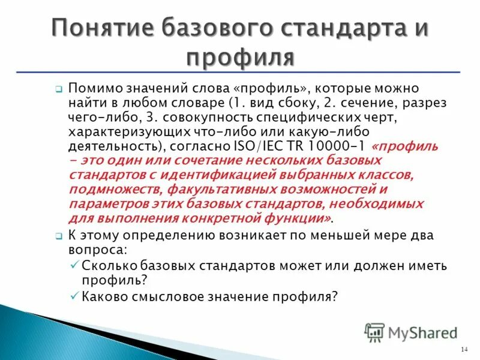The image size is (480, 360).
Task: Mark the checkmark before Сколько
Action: point(74,265)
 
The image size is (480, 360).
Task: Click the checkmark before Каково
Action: point(74,295)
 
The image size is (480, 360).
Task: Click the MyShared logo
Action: point(411,332)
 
